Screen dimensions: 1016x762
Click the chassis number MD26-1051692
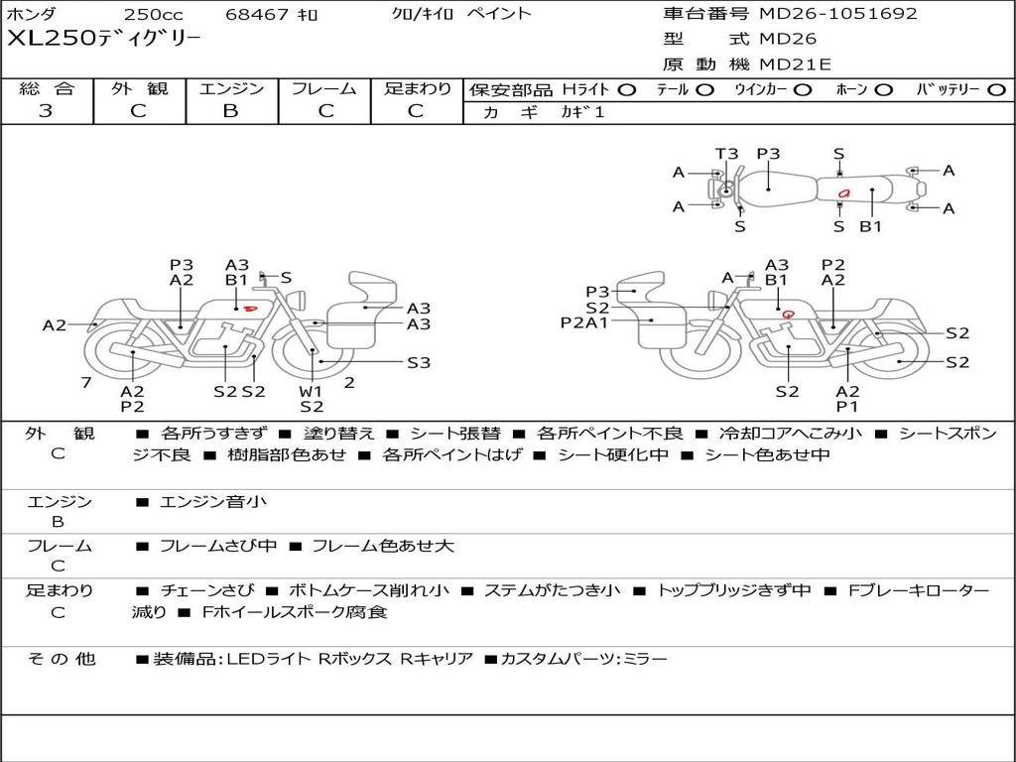[x=838, y=14]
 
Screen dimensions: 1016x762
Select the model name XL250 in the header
[x=52, y=39]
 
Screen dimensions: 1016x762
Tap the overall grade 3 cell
[x=46, y=111]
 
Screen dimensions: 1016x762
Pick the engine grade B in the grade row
[x=230, y=111]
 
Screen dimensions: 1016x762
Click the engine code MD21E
[x=795, y=64]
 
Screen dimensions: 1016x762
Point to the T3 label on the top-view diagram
[x=726, y=154]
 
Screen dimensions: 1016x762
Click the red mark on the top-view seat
[x=843, y=193]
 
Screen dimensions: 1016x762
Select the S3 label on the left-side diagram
[x=419, y=363]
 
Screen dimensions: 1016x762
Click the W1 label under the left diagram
[x=311, y=391]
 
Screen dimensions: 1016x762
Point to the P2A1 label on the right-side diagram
[x=584, y=322]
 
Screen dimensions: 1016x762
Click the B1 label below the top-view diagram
[x=871, y=227]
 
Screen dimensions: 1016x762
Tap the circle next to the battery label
[x=996, y=90]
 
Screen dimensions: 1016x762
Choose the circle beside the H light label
[x=627, y=90]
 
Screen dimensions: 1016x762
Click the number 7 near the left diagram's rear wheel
[x=86, y=382]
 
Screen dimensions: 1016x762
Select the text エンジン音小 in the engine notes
[x=213, y=501]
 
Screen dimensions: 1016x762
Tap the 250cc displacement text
[x=153, y=14]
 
